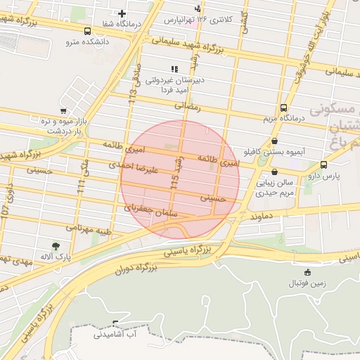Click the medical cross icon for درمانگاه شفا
[x=122, y=13]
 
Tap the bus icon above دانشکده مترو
[x=87, y=32]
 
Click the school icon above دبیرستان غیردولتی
[x=174, y=69]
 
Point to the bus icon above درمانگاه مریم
[x=283, y=108]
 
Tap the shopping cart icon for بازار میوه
[x=63, y=111]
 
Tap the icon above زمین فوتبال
[x=307, y=273]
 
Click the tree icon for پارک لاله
[x=56, y=246]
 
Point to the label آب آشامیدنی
[x=116, y=334]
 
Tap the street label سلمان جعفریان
[x=152, y=211]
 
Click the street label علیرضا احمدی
[x=136, y=167]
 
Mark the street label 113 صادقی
[x=134, y=82]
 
